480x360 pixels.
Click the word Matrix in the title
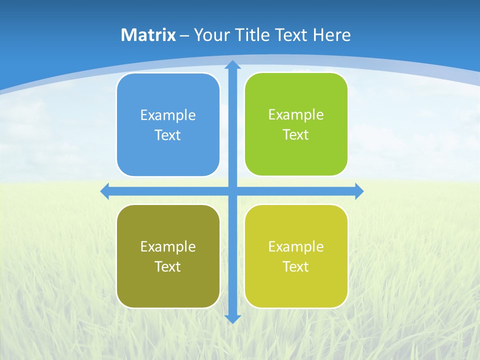pos(148,35)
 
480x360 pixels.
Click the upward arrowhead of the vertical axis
pos(232,65)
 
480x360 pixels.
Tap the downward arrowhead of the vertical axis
pos(232,318)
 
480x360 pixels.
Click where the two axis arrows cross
pos(232,191)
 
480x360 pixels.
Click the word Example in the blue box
pos(168,115)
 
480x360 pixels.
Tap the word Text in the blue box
pos(168,135)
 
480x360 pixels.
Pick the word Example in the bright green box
pos(296,114)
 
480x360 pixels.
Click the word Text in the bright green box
pos(296,134)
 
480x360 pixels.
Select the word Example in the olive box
pos(168,246)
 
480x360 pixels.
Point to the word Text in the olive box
pos(168,266)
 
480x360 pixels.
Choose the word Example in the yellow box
pos(296,246)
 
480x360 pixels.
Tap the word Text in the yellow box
pos(296,266)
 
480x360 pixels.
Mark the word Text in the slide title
pos(291,35)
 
